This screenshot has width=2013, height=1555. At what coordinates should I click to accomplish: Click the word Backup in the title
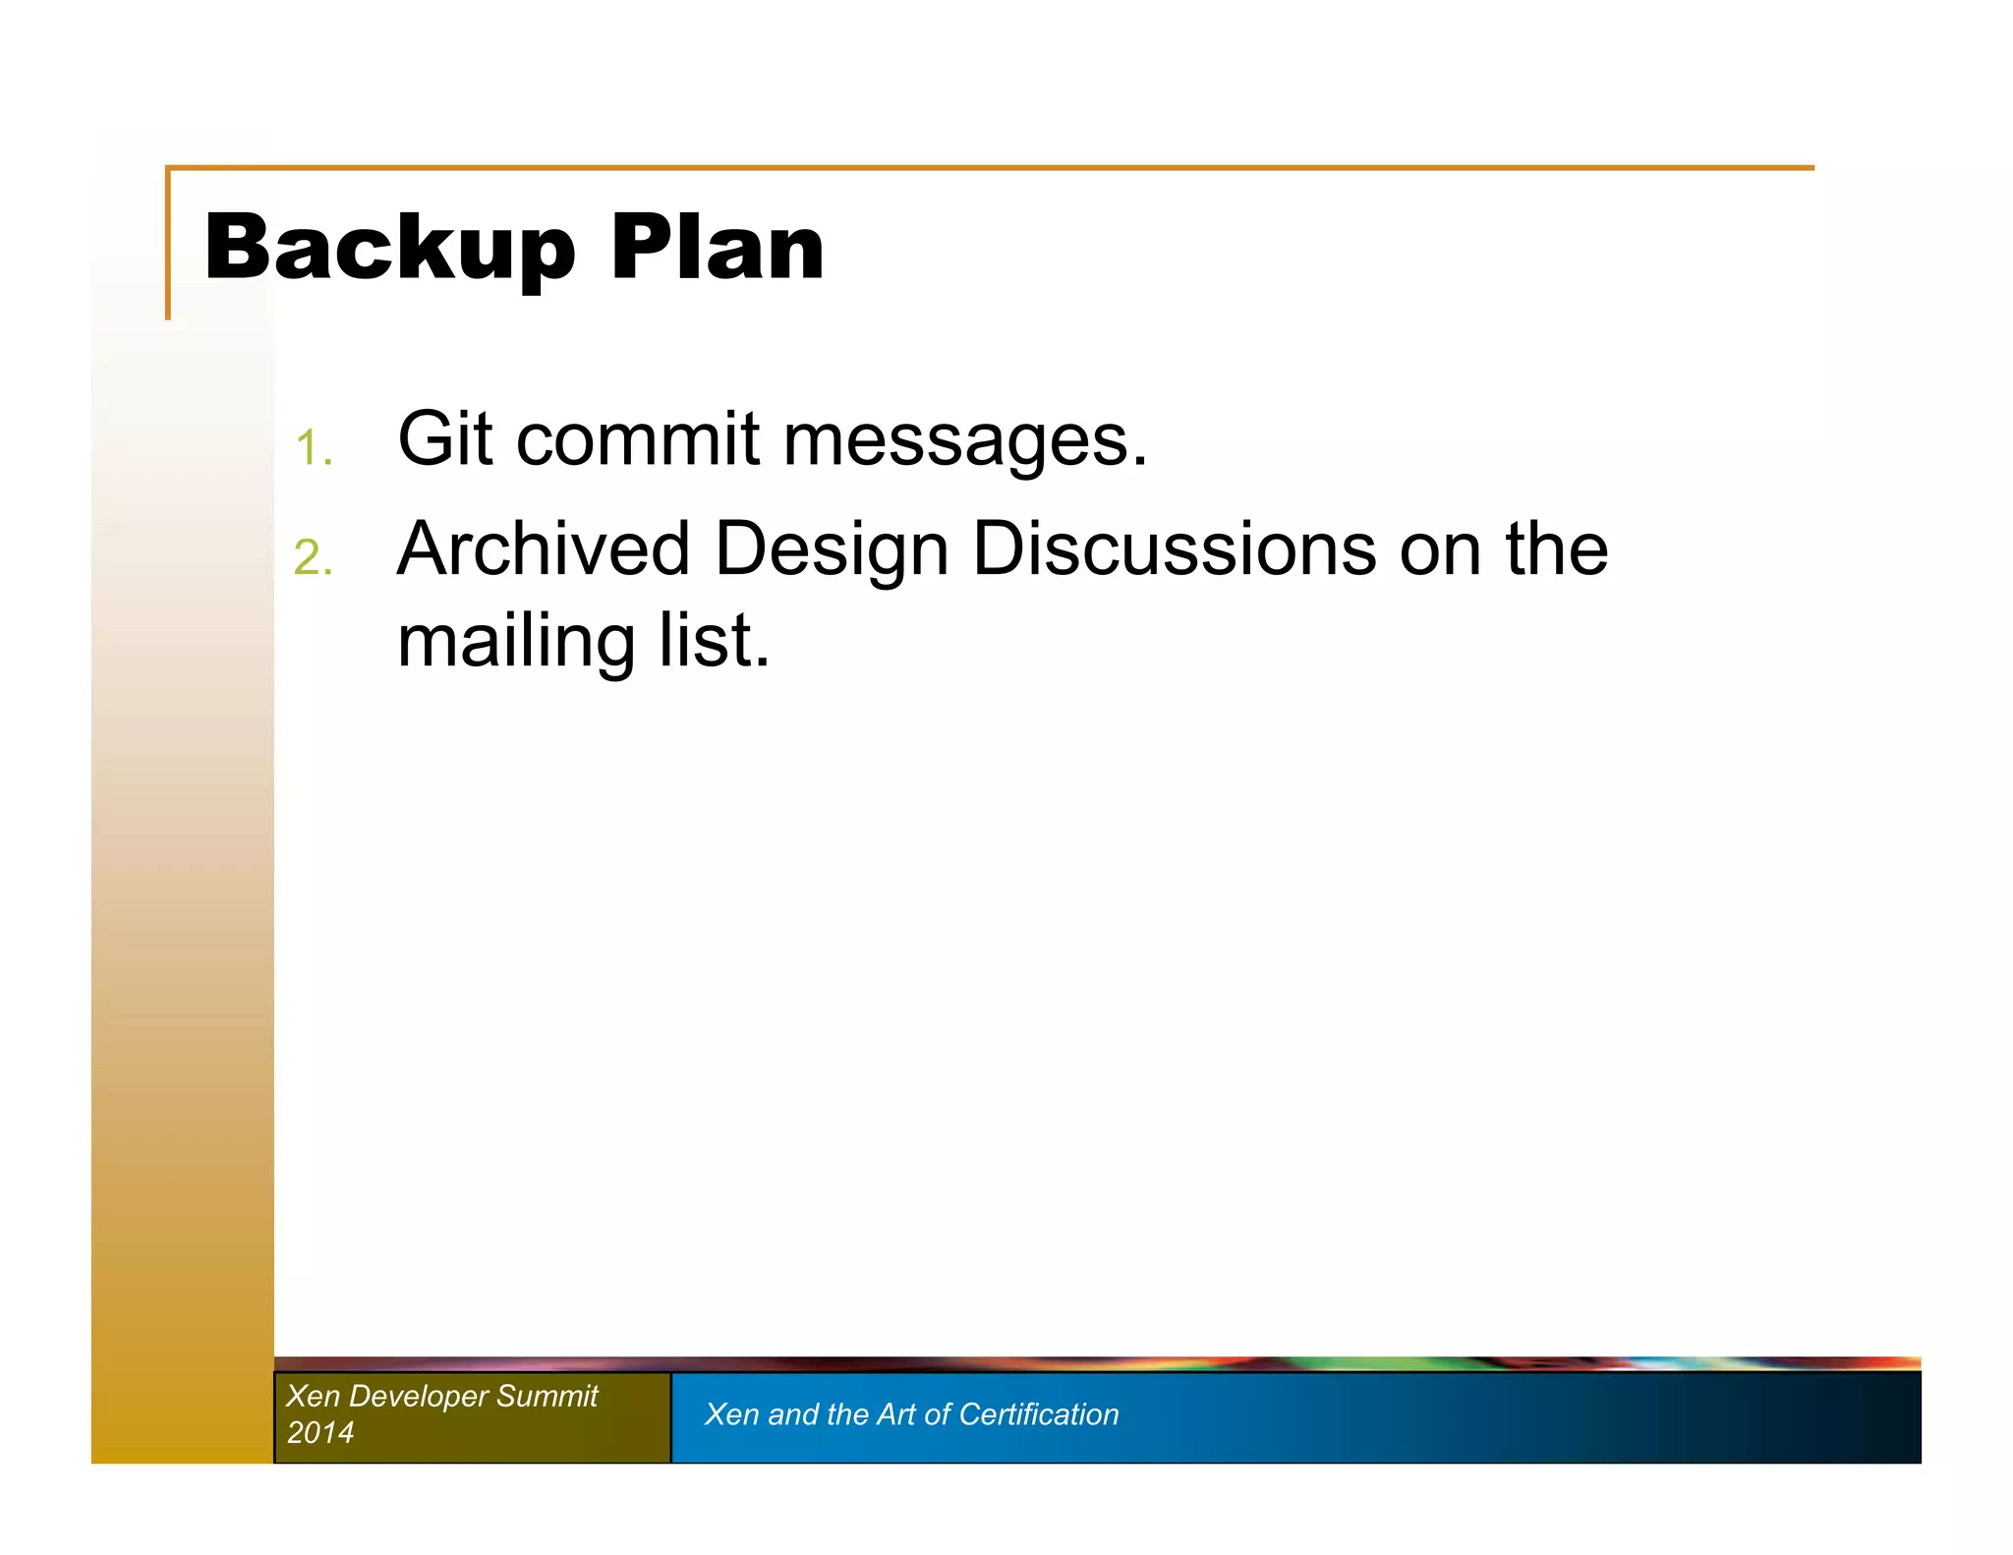[389, 249]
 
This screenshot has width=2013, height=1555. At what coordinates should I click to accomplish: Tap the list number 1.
[313, 448]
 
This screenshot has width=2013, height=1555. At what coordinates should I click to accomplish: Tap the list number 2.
[313, 557]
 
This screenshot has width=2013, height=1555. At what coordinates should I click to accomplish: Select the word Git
[444, 438]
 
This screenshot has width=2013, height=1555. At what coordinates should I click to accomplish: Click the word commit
[637, 438]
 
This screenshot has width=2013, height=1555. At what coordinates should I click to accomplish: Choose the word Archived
[543, 548]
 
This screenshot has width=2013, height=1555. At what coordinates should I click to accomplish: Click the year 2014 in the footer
[319, 1432]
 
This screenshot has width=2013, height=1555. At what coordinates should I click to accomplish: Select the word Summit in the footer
[546, 1396]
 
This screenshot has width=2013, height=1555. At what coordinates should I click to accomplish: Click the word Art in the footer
[895, 1414]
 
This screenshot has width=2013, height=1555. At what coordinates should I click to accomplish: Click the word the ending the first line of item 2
[1556, 548]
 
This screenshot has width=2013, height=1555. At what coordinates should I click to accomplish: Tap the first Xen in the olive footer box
[312, 1396]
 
